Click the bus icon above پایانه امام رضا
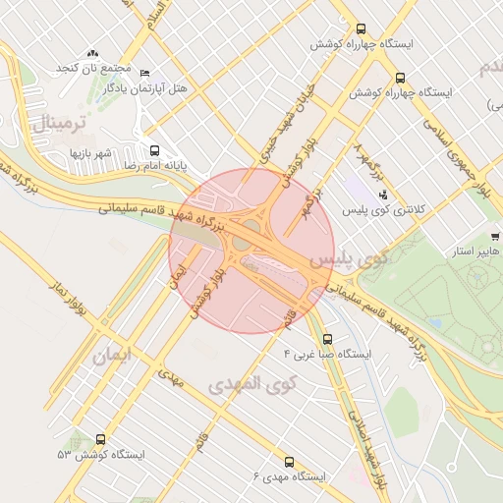pos(154,150)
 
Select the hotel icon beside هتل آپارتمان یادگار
pos(145,73)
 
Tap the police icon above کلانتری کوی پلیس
pos(383,195)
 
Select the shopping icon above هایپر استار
pos(495,237)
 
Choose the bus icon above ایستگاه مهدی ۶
pos(289,461)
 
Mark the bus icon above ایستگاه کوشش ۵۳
pos(100,440)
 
